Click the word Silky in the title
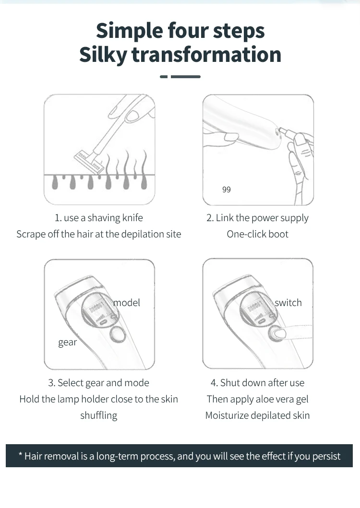pos(104,54)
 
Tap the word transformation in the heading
pos(206,54)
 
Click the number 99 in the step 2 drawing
pos(227,189)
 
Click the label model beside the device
pos(127,303)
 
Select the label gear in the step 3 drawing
pos(68,343)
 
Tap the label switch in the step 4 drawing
pos(288,303)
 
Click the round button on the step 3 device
pos(118,334)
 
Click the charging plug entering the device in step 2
pos(286,132)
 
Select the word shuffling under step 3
pos(98,416)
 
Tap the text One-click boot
pos(257,234)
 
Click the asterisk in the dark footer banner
pos(21,455)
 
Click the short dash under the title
pos(164,77)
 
